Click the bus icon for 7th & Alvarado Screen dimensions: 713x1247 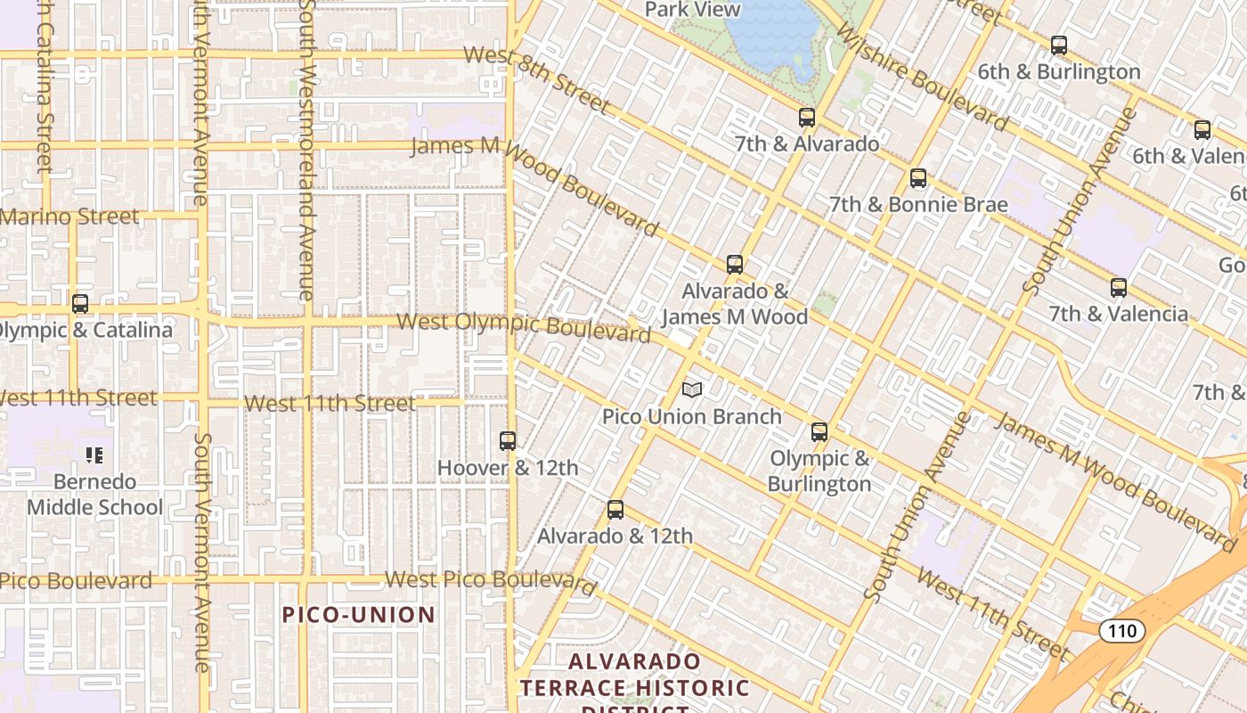807,118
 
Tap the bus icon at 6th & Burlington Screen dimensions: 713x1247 1059,45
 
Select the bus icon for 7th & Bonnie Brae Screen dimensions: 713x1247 918,178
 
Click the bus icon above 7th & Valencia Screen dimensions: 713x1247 1119,288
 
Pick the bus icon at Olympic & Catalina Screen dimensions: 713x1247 80,304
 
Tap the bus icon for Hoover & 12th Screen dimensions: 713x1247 508,441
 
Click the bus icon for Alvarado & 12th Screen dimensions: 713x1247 615,510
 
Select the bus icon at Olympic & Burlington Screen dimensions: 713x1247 819,432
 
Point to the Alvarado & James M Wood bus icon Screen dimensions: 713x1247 735,265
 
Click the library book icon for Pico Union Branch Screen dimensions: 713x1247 692,389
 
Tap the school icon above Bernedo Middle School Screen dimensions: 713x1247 94,456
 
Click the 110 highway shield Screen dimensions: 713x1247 1121,631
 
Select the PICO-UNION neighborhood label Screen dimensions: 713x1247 359,615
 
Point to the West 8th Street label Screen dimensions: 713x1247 538,80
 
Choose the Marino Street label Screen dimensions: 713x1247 69,217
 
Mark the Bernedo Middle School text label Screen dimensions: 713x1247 94,495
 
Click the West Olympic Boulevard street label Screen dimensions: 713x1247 524,326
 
